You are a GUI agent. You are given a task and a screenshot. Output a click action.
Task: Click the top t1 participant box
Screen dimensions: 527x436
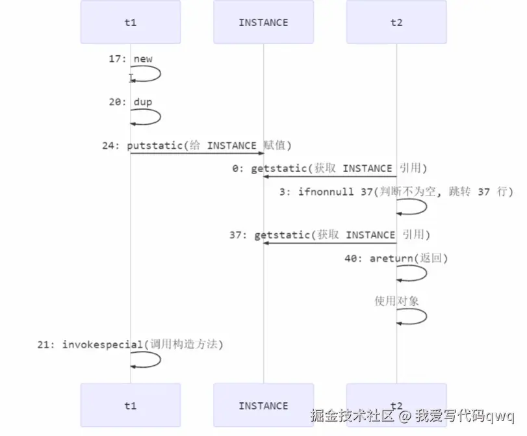click(x=130, y=22)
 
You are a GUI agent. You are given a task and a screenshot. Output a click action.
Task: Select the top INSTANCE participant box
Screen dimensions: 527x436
click(x=263, y=22)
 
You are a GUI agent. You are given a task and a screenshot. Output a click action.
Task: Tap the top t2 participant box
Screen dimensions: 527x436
click(x=396, y=22)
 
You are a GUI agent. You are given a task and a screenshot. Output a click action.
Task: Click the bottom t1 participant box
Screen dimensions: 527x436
click(x=130, y=405)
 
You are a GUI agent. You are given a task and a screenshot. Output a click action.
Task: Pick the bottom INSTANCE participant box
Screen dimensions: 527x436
click(x=263, y=405)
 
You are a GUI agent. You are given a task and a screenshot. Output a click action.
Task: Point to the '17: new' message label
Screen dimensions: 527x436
click(x=131, y=59)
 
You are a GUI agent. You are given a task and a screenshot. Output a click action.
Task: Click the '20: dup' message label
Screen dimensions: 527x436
click(x=131, y=102)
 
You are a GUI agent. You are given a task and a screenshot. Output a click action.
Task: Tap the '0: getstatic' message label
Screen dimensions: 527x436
click(x=329, y=168)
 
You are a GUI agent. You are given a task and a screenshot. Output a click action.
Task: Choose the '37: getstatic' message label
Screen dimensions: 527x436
click(x=329, y=235)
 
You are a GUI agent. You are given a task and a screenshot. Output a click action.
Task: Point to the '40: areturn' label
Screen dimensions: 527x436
click(x=396, y=258)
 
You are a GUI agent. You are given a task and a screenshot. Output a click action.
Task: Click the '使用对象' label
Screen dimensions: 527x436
click(x=396, y=301)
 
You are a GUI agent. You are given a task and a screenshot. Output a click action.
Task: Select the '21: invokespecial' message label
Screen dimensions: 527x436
click(x=130, y=344)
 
